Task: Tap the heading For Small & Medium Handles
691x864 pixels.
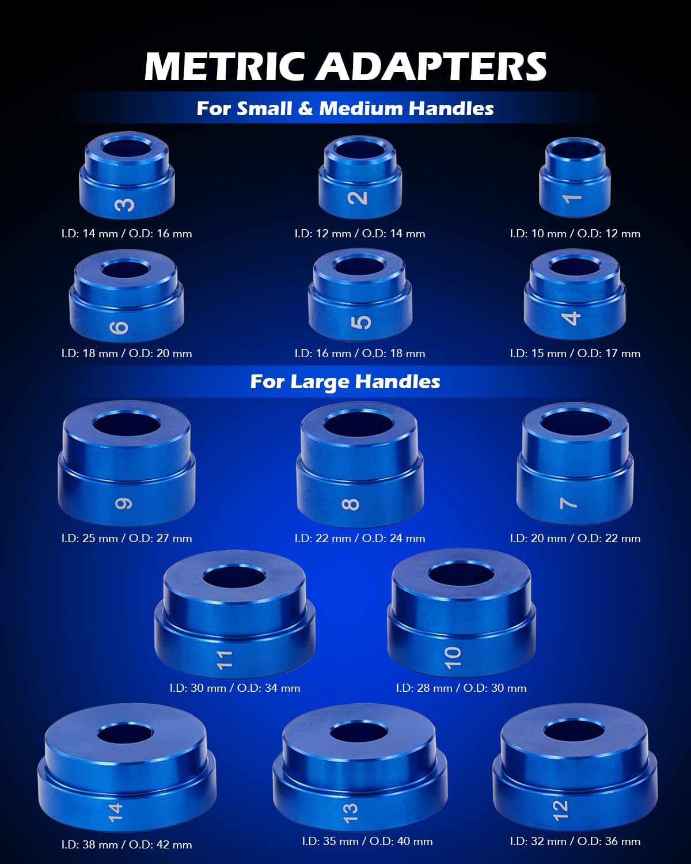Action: pyautogui.click(x=345, y=108)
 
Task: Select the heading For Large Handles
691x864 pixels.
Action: pyautogui.click(x=345, y=381)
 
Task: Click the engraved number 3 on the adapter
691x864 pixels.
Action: pyautogui.click(x=125, y=204)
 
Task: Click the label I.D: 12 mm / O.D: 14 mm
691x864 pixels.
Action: pyautogui.click(x=360, y=233)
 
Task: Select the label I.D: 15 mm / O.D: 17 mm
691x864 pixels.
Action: pyautogui.click(x=575, y=353)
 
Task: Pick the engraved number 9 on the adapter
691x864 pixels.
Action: pyautogui.click(x=124, y=503)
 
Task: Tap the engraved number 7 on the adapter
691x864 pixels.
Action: pyautogui.click(x=568, y=503)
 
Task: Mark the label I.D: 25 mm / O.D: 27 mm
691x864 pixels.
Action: pyautogui.click(x=127, y=538)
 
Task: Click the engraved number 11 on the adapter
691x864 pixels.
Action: pyautogui.click(x=224, y=660)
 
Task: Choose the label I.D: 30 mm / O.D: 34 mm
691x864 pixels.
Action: pyautogui.click(x=235, y=688)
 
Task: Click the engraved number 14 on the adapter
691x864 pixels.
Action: pyautogui.click(x=116, y=812)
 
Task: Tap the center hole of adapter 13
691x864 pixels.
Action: pyautogui.click(x=358, y=733)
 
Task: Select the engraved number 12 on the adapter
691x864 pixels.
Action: pyautogui.click(x=560, y=809)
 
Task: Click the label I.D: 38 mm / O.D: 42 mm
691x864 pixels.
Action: pyautogui.click(x=127, y=844)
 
